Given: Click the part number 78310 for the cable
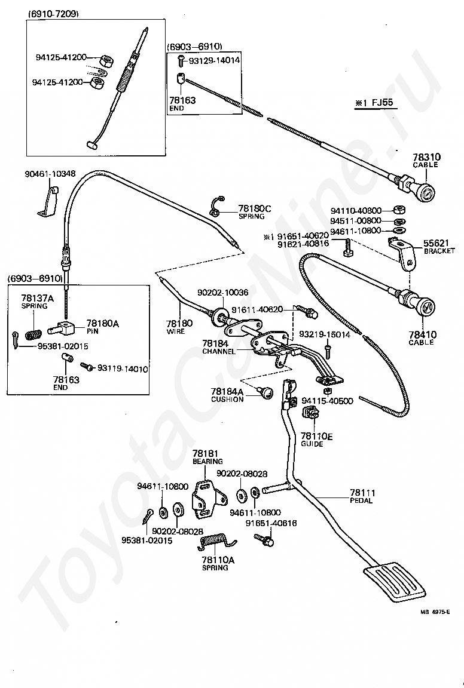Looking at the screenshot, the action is tap(426, 156).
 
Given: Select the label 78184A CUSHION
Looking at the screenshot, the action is tap(227, 395).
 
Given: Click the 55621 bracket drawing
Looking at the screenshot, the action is tap(404, 253).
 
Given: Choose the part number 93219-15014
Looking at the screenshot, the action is tap(324, 335).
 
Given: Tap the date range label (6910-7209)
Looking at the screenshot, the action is tap(54, 14).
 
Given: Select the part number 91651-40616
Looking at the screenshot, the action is tap(271, 523).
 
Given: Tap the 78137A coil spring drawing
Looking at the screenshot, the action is tap(33, 335).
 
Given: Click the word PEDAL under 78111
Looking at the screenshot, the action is tap(362, 500).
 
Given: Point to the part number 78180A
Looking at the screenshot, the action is tap(102, 323).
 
